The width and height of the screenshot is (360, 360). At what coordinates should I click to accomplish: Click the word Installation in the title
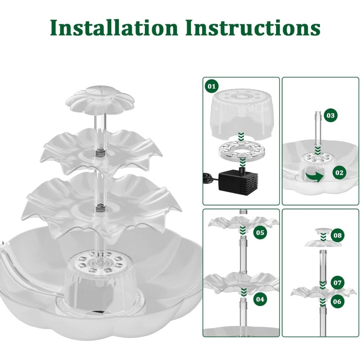pyautogui.click(x=115, y=28)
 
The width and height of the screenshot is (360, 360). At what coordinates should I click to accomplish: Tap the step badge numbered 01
pyautogui.click(x=211, y=85)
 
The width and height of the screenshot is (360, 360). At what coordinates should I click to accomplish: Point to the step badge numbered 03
pyautogui.click(x=331, y=116)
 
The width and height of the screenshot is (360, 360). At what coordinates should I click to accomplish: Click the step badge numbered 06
pyautogui.click(x=337, y=301)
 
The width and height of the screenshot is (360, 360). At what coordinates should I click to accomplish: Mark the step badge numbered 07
pyautogui.click(x=337, y=283)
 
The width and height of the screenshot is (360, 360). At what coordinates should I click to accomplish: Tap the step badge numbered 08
pyautogui.click(x=338, y=235)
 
